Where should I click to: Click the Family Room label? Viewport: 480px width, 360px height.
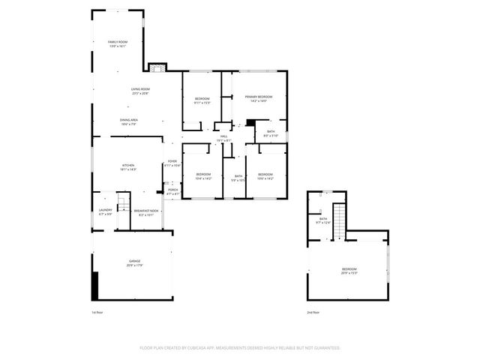[118, 43]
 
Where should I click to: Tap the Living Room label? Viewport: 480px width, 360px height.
[139, 91]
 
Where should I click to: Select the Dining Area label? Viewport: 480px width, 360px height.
[128, 121]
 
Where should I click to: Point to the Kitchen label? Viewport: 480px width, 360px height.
[128, 167]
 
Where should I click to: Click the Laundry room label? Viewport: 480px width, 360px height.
[105, 212]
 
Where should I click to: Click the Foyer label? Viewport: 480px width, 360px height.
[172, 163]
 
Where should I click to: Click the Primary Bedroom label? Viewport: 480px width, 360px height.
[257, 98]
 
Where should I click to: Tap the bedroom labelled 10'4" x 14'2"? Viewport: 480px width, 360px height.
[203, 176]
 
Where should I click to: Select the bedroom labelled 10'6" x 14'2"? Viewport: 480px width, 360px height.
[266, 176]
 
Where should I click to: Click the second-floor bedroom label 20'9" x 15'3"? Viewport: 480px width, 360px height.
[349, 271]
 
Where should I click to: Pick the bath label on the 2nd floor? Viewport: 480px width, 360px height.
[323, 220]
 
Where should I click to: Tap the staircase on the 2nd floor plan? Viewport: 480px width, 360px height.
[338, 220]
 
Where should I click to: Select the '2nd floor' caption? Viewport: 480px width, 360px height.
[313, 312]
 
